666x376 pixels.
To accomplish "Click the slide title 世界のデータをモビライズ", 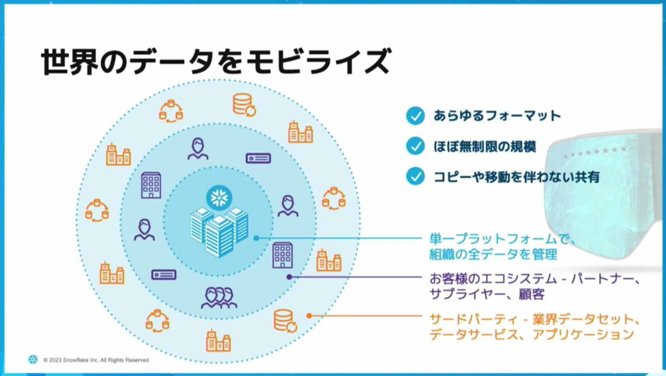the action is pos(216,61).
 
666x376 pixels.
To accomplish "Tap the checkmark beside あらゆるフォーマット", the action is pos(415,116).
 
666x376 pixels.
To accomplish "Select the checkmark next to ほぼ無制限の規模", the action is pos(415,146).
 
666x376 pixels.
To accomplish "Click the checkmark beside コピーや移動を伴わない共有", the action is pos(415,176).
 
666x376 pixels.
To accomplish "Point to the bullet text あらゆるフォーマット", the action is pos(497,116).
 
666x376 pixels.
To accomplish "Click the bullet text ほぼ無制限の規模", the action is pos(485,146).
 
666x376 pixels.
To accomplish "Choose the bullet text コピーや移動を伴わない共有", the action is pos(517,177).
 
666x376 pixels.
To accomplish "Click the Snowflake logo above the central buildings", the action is pos(219,198).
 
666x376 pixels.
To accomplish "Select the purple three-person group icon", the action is pos(219,298).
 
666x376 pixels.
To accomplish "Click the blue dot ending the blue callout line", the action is pos(256,238).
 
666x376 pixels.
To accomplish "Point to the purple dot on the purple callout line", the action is pos(289,277).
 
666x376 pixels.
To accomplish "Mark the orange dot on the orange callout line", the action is pos(309,316).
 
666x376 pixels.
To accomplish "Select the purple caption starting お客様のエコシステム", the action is pos(534,286).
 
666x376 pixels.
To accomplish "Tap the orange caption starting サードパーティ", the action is pos(534,327).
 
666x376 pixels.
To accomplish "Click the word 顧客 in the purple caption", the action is pos(531,294).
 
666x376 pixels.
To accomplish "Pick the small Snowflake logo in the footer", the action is pos(33,359).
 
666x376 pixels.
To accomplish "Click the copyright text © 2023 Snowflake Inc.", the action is pos(96,360).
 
